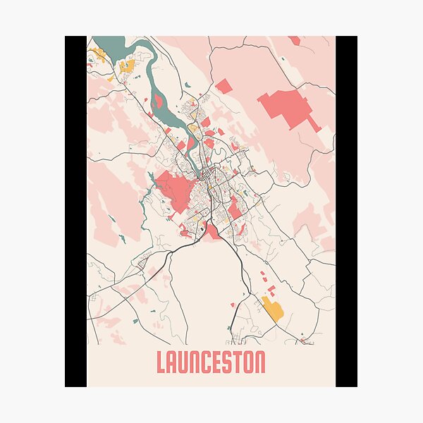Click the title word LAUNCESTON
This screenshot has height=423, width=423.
tap(211, 362)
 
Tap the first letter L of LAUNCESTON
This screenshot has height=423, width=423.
tap(161, 362)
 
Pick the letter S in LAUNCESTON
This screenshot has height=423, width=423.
tap(227, 362)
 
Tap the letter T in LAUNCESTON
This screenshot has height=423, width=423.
tap(238, 362)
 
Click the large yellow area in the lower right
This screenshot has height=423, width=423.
tap(272, 308)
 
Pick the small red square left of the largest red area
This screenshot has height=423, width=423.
tap(223, 87)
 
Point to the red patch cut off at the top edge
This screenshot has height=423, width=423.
tap(294, 40)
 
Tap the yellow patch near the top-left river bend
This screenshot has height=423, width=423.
tap(127, 66)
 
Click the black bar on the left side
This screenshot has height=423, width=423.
tap(75, 211)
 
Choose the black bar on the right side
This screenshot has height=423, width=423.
tap(346, 211)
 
